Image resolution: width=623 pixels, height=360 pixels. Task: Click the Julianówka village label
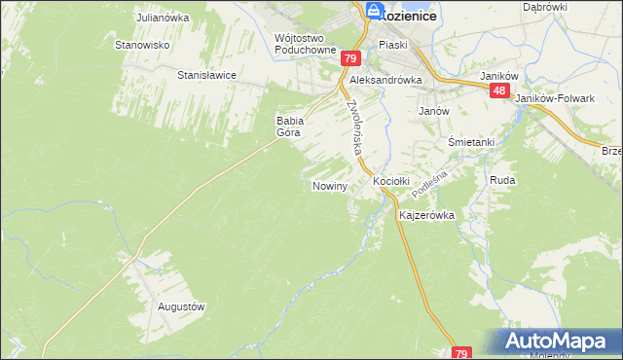tap(162, 18)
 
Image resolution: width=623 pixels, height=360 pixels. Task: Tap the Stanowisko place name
tap(143, 45)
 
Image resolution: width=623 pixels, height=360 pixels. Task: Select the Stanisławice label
tap(207, 74)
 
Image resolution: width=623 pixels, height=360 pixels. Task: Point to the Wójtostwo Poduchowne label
tap(306, 45)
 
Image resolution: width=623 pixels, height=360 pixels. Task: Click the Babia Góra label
tap(291, 126)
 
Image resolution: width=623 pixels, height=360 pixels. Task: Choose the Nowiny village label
tap(330, 185)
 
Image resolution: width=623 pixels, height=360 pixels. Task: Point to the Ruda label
tap(502, 181)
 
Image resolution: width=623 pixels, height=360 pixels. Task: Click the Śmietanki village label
tap(471, 142)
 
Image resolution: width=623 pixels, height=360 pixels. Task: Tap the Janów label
tap(433, 111)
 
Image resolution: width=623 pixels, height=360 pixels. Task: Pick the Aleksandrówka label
tap(385, 81)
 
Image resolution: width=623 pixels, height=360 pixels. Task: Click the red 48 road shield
tap(499, 90)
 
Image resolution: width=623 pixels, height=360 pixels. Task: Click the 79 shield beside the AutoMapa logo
tap(462, 352)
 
